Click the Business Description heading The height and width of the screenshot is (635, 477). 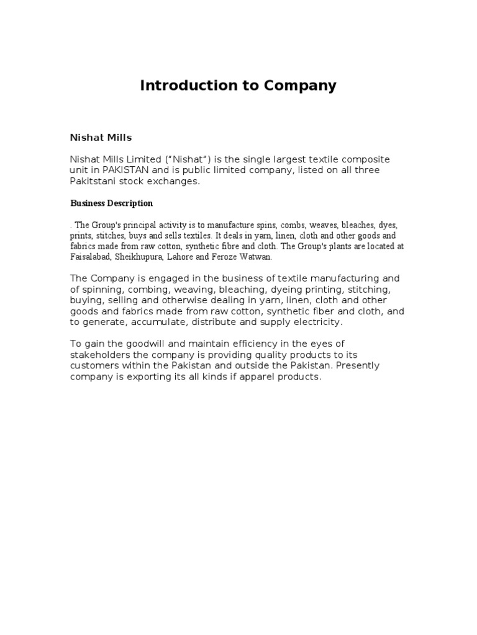pos(111,203)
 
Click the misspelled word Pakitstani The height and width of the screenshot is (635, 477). pos(94,180)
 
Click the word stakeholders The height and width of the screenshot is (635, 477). pos(99,355)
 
